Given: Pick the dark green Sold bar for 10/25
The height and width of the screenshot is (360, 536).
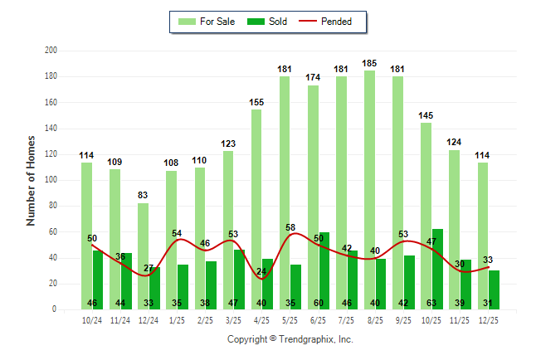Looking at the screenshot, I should click(437, 265).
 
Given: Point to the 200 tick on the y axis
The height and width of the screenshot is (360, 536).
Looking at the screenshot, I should click(51, 51).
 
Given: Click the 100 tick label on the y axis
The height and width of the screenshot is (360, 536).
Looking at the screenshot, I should click(51, 180).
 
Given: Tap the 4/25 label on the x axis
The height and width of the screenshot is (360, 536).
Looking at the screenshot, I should click(261, 320).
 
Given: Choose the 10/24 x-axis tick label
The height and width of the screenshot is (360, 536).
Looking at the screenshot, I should click(92, 320).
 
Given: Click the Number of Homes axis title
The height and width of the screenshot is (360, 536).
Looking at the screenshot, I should click(32, 180).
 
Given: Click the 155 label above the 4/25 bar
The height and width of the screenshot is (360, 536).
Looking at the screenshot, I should click(256, 102).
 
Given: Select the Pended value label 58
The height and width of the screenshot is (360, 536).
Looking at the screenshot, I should click(290, 227).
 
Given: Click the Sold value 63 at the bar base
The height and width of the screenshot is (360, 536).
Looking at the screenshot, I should click(437, 303).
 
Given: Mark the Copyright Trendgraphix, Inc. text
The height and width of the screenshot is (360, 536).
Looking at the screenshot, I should click(290, 339).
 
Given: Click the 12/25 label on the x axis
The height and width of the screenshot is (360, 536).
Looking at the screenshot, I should click(489, 320).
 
